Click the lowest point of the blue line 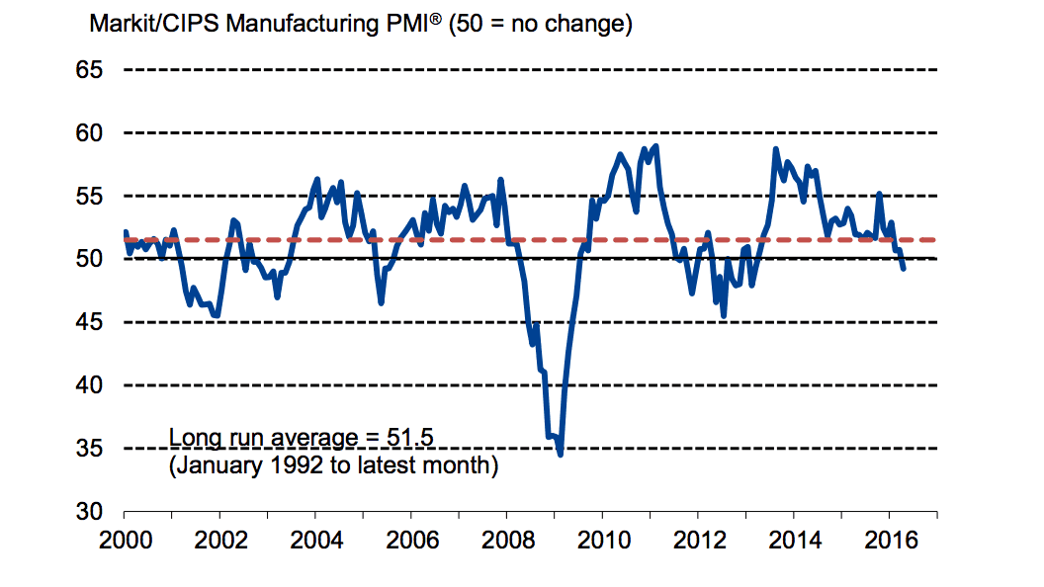(561, 454)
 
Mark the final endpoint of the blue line (903, 269)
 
